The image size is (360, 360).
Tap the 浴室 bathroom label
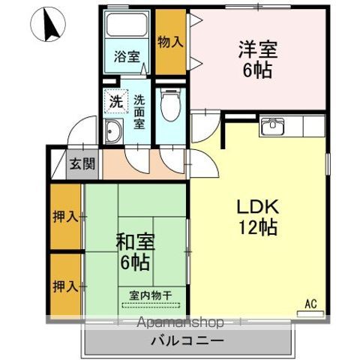tap(127, 56)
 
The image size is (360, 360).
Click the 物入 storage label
tap(169, 42)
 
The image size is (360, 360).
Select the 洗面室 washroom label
tap(139, 112)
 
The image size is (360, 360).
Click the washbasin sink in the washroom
tap(113, 133)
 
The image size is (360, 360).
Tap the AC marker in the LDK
tap(310, 304)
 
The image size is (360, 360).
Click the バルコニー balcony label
tap(186, 340)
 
